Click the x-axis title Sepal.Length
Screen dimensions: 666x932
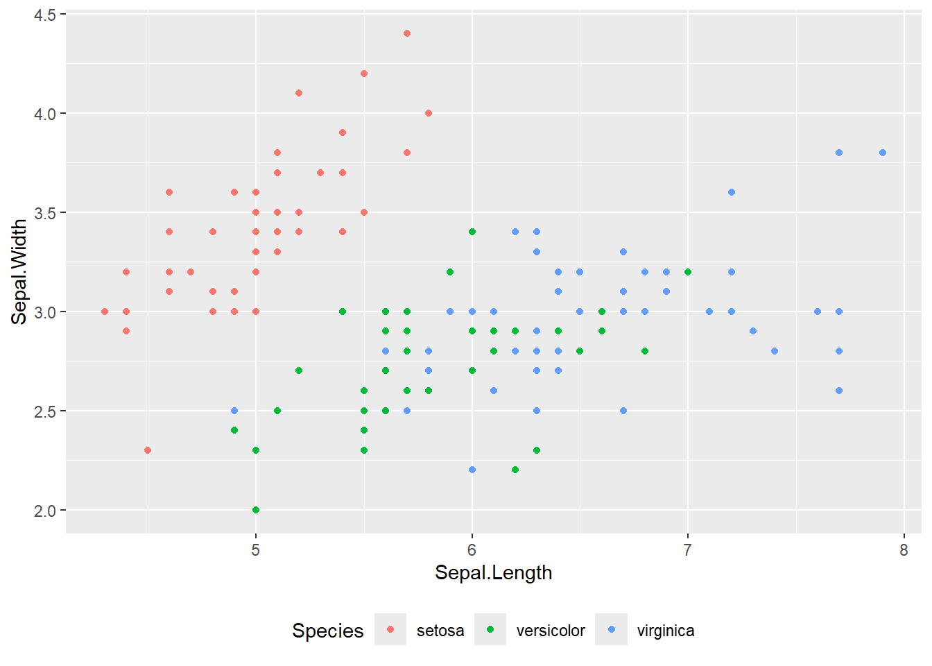point(493,573)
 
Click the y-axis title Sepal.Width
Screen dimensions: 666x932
point(19,272)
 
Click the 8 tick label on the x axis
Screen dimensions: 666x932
point(904,551)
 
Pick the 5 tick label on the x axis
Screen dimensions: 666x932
point(256,551)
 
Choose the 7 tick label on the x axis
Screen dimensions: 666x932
point(688,551)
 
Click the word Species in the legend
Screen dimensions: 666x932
point(328,631)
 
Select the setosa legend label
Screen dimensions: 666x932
point(440,631)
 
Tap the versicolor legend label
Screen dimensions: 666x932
point(551,631)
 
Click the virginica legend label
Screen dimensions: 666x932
point(666,631)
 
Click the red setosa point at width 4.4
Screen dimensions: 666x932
point(407,33)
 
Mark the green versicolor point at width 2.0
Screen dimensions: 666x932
point(256,510)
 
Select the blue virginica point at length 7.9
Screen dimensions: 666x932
point(883,153)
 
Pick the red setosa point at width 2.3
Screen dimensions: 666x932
point(148,450)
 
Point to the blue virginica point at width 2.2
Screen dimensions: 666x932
point(472,470)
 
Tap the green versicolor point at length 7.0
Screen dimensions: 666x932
point(688,272)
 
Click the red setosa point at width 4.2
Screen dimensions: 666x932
point(364,74)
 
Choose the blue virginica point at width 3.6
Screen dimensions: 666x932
point(732,192)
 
